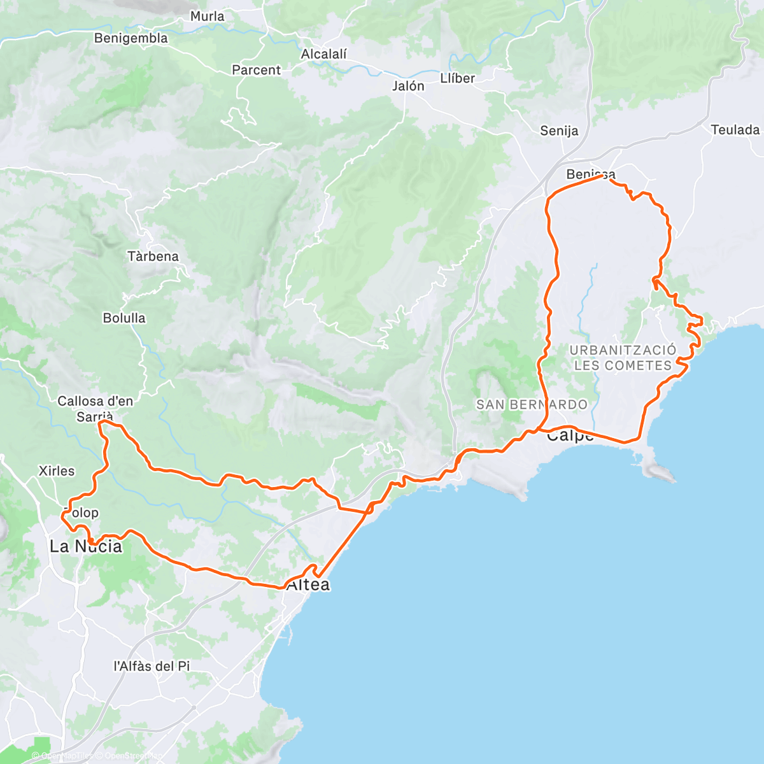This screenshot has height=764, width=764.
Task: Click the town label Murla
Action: pos(207,17)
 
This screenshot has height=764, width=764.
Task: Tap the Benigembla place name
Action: pos(131,38)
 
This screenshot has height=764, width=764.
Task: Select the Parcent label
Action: pos(256,70)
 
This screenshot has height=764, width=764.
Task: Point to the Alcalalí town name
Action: pos(323,55)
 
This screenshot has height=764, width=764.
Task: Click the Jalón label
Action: pos(408,86)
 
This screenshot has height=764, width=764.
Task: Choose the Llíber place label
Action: pos(457,78)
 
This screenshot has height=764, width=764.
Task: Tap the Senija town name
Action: pos(559,131)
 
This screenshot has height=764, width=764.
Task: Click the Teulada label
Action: pos(735,130)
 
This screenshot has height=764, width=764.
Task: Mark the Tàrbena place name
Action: pos(153,257)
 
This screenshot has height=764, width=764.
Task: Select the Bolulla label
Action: pos(124,318)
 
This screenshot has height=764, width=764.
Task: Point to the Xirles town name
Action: pos(57,471)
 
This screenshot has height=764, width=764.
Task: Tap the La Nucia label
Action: pos(86,546)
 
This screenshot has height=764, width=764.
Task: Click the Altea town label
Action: pos(309,584)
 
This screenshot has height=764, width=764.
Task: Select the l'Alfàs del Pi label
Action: pos(152,667)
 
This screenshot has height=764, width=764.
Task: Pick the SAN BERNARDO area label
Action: pos(532,404)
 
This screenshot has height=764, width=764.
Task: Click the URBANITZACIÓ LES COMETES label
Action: pos(623,358)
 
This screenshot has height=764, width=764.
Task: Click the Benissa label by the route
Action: pos(590,174)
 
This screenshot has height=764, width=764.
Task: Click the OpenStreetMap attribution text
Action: pos(134,756)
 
